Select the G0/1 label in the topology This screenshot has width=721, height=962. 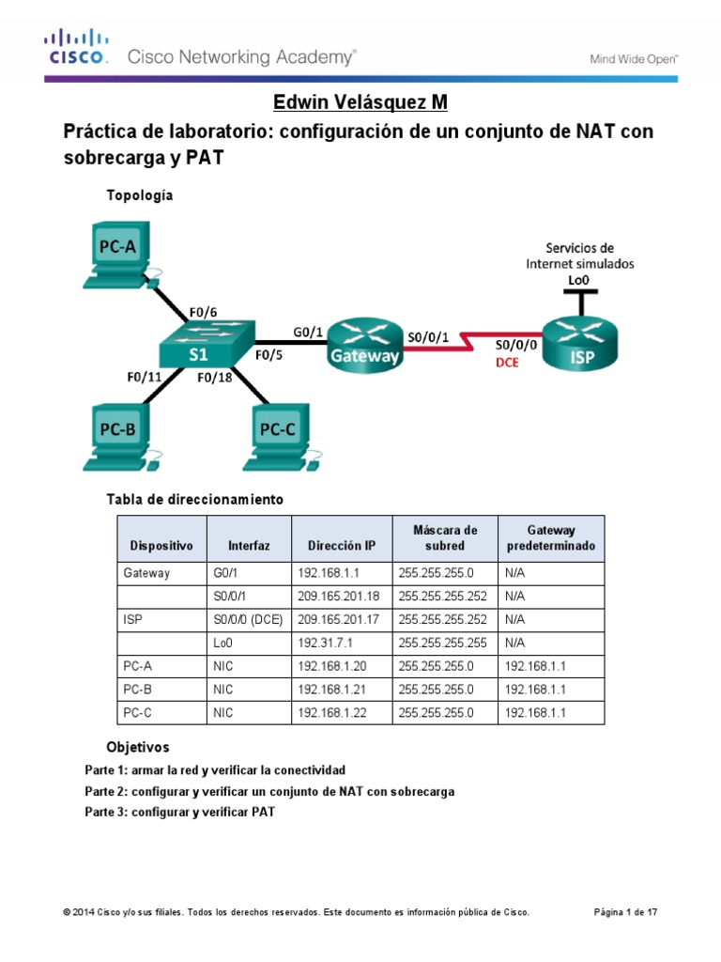[x=308, y=331]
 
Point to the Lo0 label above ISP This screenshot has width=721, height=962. [x=579, y=280]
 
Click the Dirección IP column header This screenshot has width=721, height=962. [x=341, y=545]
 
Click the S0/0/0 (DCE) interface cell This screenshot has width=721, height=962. [x=247, y=619]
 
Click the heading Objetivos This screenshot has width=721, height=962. [x=138, y=747]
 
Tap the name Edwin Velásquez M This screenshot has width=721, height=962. [x=354, y=101]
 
